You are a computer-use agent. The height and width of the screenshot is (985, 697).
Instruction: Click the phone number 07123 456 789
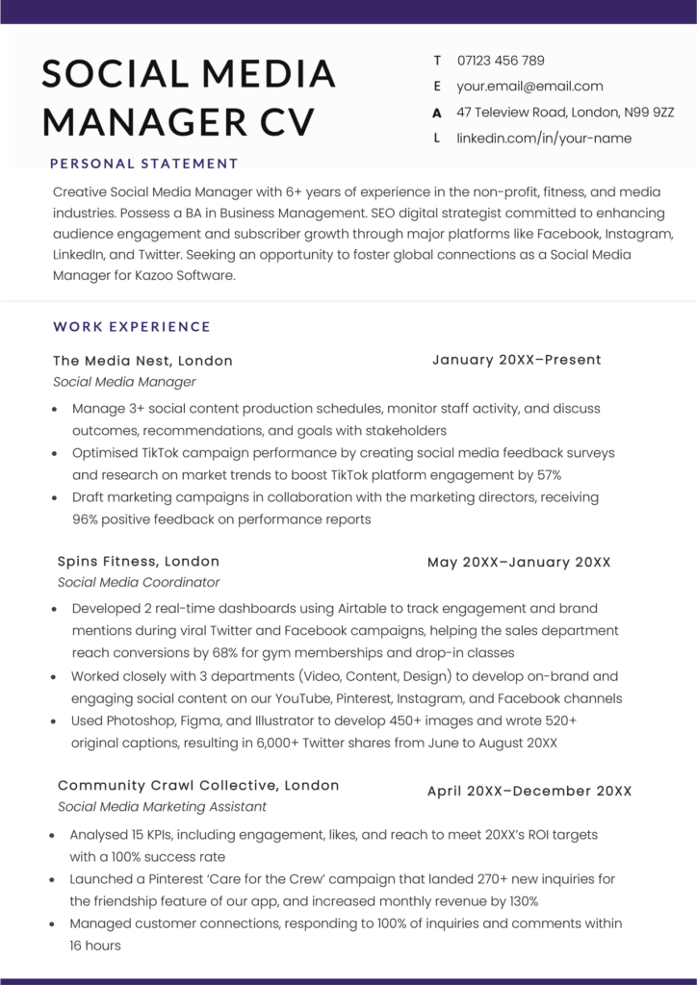pos(501,60)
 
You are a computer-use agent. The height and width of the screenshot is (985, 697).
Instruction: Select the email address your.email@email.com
pos(529,86)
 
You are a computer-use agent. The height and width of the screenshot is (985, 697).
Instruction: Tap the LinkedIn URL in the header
pos(544,138)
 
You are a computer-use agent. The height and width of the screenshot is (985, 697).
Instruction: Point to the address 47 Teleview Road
pos(565,112)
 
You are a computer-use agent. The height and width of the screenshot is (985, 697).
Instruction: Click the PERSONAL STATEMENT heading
pos(143,164)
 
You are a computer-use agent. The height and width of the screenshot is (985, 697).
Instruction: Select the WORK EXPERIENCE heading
pos(132,326)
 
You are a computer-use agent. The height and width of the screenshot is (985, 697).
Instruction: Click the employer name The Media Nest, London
pos(142,361)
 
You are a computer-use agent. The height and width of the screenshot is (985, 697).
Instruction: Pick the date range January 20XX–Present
pos(516,360)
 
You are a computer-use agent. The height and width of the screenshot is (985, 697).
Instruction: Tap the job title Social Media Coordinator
pos(138,582)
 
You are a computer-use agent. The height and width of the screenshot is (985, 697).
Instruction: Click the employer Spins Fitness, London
pos(138,561)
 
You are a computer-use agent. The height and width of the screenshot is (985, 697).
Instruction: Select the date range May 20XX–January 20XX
pos(519,562)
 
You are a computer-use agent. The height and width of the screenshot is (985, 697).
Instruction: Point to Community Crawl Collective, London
pos(198,785)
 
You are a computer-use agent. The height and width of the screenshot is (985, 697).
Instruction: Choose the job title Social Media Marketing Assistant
pos(162,806)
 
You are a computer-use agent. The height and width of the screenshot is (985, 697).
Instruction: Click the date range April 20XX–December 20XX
pos(529,791)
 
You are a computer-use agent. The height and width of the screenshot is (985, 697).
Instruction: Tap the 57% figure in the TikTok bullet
pos(547,474)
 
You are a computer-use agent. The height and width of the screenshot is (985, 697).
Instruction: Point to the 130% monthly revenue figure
pos(521,900)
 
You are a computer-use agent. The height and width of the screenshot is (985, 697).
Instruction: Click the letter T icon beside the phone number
pos(437,60)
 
